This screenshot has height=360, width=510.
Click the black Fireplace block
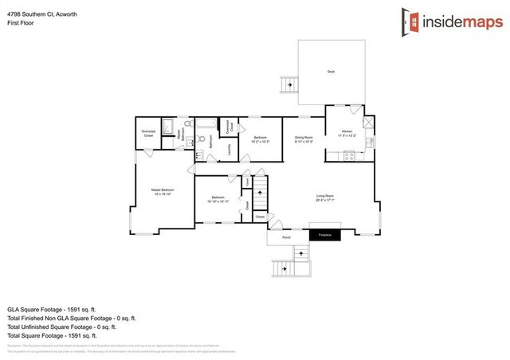click(x=324, y=235)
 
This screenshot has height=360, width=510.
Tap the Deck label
click(x=331, y=72)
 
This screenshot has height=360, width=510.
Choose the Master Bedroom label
click(x=163, y=190)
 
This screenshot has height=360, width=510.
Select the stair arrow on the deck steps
click(x=288, y=83)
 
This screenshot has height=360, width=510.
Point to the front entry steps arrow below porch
click(x=300, y=255)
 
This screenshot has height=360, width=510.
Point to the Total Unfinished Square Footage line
click(x=61, y=327)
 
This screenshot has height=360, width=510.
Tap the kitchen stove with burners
click(x=348, y=156)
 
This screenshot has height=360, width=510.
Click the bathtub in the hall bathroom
click(x=205, y=123)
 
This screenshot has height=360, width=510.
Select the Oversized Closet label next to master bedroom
click(x=148, y=133)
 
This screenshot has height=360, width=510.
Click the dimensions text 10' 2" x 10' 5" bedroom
click(x=261, y=142)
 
